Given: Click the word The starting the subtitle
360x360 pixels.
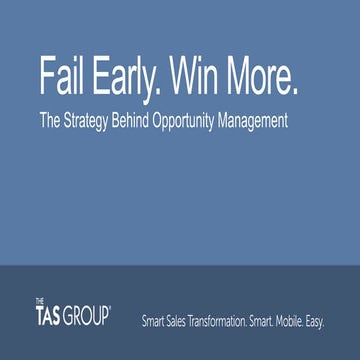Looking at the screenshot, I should point(49,122).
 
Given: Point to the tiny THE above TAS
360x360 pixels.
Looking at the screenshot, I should point(39,300).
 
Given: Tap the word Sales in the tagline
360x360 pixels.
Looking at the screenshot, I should point(182,320).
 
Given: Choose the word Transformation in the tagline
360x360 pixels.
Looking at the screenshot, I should point(231,320).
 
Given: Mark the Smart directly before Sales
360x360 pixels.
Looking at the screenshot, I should point(155,320).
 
